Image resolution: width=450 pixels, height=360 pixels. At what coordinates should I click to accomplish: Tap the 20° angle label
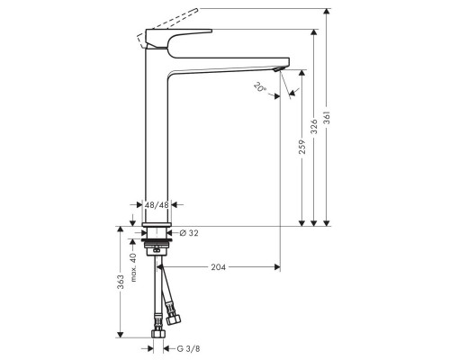pos(259,88)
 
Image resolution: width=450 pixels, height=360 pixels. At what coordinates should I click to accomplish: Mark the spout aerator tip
pos(278,69)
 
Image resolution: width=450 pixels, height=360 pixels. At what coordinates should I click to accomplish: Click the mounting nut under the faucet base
pos(157,242)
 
